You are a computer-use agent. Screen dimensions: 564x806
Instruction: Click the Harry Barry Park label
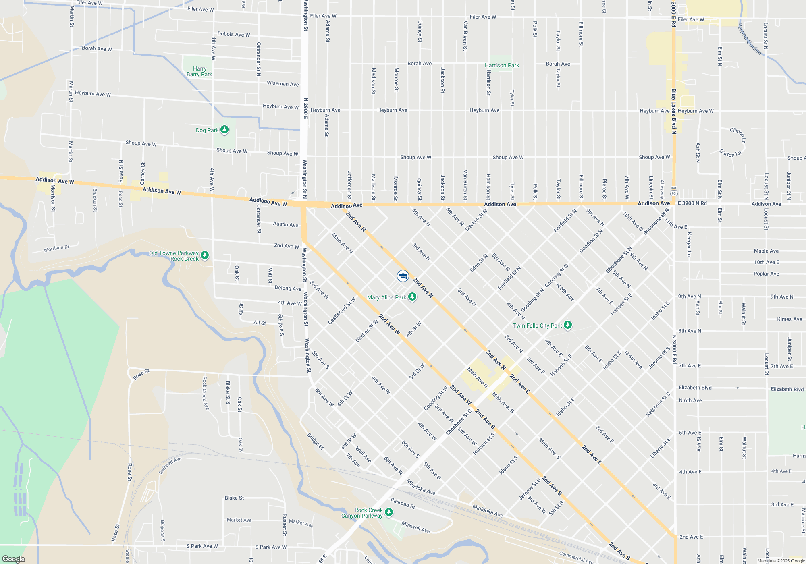pyautogui.click(x=199, y=71)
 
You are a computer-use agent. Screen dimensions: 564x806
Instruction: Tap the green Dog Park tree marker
pyautogui.click(x=224, y=130)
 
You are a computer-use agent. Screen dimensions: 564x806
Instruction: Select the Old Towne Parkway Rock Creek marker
pyautogui.click(x=205, y=255)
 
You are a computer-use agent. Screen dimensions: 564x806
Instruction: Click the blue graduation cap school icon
pyautogui.click(x=403, y=276)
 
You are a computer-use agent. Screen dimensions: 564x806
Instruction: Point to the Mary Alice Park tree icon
pyautogui.click(x=412, y=297)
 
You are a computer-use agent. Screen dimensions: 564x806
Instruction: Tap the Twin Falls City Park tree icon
pyautogui.click(x=568, y=325)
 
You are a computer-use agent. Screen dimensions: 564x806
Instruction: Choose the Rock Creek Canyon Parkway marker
pyautogui.click(x=389, y=512)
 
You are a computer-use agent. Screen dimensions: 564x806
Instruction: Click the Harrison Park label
pyautogui.click(x=502, y=65)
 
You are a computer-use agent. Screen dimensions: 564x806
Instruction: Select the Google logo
pyautogui.click(x=14, y=559)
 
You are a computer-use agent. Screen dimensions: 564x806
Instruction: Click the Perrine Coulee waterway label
pyautogui.click(x=749, y=39)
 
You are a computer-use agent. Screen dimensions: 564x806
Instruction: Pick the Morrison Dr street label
pyautogui.click(x=57, y=248)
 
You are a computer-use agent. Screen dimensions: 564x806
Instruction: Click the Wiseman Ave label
pyautogui.click(x=283, y=84)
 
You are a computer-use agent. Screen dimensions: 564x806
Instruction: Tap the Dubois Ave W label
pyautogui.click(x=234, y=34)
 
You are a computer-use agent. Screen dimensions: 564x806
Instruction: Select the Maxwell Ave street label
pyautogui.click(x=415, y=527)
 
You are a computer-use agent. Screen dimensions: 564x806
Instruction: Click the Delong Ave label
pyautogui.click(x=288, y=288)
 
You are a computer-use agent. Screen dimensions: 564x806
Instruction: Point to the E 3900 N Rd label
pyautogui.click(x=692, y=203)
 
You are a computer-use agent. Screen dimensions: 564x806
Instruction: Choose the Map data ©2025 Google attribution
pyautogui.click(x=781, y=561)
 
